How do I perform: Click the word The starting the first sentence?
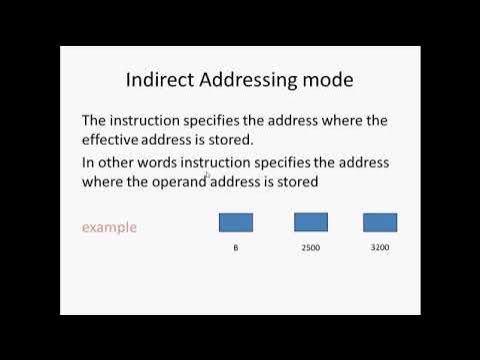click(95, 120)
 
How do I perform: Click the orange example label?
click(109, 227)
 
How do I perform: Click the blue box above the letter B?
click(235, 222)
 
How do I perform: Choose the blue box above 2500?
click(311, 222)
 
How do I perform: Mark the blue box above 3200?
click(380, 222)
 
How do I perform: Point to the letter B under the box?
click(235, 246)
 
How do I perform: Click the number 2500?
click(311, 246)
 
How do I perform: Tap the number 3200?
click(380, 246)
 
